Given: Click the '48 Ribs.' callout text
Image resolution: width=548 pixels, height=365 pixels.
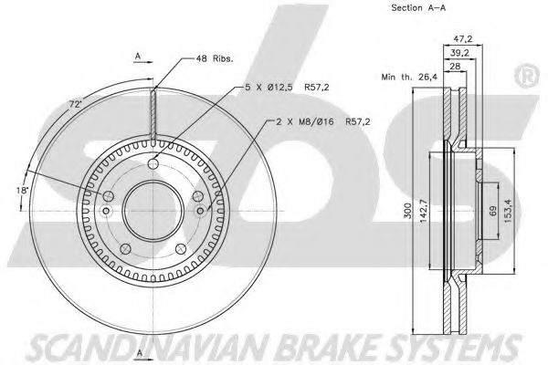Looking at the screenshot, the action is point(215,58).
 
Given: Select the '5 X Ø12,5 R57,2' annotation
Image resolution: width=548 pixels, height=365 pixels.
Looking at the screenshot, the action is point(287,87).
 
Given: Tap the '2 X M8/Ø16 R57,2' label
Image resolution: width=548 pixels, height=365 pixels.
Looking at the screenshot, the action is point(323,121).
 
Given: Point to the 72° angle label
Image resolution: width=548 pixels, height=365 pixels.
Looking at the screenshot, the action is point(74,104).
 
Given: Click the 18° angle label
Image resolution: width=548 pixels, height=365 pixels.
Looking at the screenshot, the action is point(22,190).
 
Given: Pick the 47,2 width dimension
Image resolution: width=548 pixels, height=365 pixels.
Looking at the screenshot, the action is point(462,38).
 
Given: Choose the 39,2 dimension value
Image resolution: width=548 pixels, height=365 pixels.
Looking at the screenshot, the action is point(459,53).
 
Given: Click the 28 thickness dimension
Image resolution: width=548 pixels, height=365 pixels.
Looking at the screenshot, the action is point(455,66).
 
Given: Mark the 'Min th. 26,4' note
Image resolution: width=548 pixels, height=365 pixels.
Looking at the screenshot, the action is point(409,77).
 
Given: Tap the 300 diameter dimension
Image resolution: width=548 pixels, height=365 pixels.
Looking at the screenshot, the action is point(407,211).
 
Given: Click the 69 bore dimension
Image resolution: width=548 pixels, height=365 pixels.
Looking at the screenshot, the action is point(493,211).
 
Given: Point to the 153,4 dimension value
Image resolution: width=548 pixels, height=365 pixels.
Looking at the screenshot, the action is point(508,211).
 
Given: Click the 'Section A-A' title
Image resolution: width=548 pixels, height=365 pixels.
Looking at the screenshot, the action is point(418,7).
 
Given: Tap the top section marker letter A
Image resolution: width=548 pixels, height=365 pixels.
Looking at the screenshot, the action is point(138,56).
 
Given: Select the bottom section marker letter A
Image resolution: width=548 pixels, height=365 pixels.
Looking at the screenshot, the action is point(140,353).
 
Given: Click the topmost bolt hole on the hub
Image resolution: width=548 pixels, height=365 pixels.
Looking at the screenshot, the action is point(153,163).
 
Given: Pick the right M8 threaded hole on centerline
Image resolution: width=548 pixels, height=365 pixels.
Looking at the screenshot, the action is point(200,211).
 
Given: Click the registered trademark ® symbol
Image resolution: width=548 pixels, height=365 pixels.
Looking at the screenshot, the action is point(528,77).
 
